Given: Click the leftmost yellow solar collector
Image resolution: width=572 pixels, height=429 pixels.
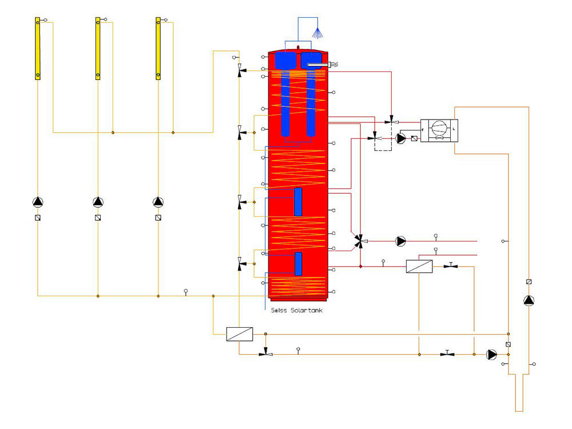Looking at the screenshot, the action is coord(38,49).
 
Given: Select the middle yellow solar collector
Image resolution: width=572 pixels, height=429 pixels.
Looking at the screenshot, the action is coord(98,49).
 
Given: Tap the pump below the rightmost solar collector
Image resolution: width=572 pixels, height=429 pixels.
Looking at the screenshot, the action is coord(158,202).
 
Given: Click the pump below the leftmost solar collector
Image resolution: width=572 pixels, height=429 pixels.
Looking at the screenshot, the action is coord(38,202).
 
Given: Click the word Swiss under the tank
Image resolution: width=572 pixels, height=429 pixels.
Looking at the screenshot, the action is coord(279,311).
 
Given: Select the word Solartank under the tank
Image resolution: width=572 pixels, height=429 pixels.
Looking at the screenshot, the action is coord(307,311).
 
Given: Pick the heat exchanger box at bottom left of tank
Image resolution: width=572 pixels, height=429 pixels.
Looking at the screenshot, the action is coord(240,334).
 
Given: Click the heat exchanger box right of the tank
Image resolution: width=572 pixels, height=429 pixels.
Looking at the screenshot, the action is coord(419,267).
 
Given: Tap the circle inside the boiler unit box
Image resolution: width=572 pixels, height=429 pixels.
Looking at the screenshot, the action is coord(439,128).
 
